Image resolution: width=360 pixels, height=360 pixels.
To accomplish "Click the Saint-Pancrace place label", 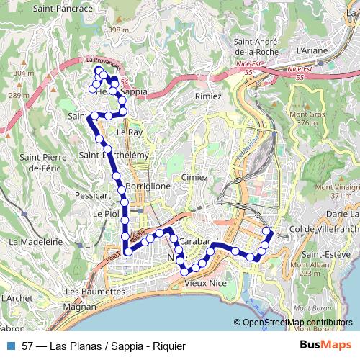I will [x=63, y=9].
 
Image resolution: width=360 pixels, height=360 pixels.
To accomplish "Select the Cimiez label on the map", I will [x=194, y=176].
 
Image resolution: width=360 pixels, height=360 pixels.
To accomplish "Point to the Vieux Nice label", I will [x=205, y=284].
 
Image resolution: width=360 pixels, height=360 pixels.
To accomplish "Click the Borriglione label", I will [x=148, y=186].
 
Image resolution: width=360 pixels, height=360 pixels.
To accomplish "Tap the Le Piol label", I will [x=106, y=214].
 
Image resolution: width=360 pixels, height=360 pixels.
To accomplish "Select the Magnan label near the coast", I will [x=79, y=306].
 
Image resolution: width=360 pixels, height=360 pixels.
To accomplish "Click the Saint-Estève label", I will [x=326, y=254].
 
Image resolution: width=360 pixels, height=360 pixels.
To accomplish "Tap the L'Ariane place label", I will [x=312, y=51].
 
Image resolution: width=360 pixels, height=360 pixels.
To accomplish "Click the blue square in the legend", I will [x=11, y=346].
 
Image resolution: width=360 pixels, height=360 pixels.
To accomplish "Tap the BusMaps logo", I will [x=325, y=346].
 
